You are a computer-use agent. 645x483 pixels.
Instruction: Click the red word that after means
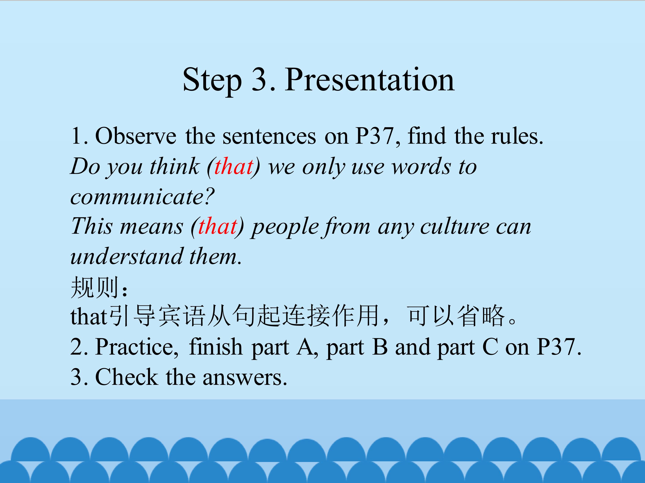pos(218,227)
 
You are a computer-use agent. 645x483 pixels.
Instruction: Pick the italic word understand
pos(127,256)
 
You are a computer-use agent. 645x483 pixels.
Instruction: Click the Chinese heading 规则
pos(95,287)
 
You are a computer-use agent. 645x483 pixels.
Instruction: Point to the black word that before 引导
pos(89,316)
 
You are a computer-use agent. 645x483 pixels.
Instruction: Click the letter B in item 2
pos(380,347)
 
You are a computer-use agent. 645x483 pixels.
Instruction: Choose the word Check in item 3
pos(127,377)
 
